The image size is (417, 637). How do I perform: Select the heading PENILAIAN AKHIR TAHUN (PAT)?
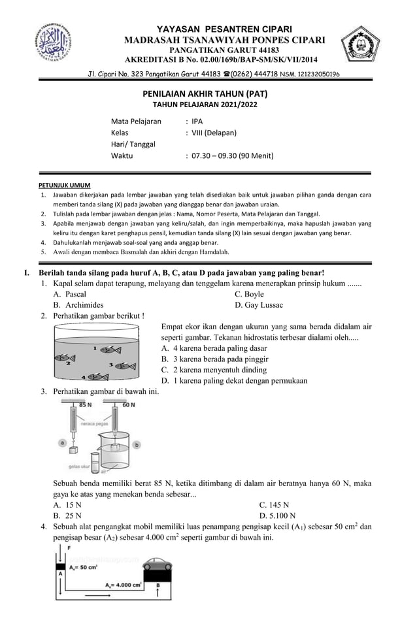pos(206,93)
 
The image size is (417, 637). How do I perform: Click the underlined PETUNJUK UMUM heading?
pos(63,185)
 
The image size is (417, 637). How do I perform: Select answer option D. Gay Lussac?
pos(259,304)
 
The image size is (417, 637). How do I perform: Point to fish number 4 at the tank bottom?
pos(97,376)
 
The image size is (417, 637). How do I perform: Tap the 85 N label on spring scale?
pos(86,405)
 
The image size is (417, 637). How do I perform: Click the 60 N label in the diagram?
pos(128,405)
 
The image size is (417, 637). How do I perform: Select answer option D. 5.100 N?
pos(283,515)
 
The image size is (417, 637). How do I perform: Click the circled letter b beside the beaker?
pos(136,444)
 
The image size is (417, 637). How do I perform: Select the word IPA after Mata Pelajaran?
pos(197,122)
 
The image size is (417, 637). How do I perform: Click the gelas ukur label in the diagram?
pos(79,466)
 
